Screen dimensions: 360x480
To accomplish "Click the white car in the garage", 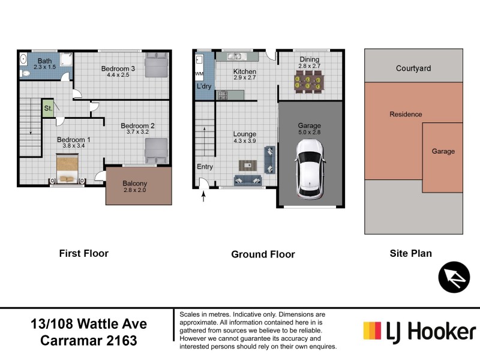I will tap(310, 169).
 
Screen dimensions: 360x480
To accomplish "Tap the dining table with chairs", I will tap(308, 82).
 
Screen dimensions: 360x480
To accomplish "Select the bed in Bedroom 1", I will tap(67, 169).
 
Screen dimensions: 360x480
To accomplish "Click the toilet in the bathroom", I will tap(25, 73).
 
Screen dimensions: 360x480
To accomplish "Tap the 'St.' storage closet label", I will tap(47, 108).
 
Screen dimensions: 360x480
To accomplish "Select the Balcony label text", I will tap(134, 184).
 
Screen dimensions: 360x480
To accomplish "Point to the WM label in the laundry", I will tap(199, 74).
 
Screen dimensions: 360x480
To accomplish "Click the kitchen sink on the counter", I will tap(233, 57).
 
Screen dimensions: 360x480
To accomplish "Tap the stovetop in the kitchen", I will tap(223, 94).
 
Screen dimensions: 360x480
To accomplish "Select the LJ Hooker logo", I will tap(419, 331).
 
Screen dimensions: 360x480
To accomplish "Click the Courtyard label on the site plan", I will tap(413, 68).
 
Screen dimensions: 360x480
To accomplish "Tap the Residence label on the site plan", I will tap(406, 114).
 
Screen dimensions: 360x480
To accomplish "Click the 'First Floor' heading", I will tap(83, 253).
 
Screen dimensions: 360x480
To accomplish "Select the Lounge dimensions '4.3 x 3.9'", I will tap(244, 141).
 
